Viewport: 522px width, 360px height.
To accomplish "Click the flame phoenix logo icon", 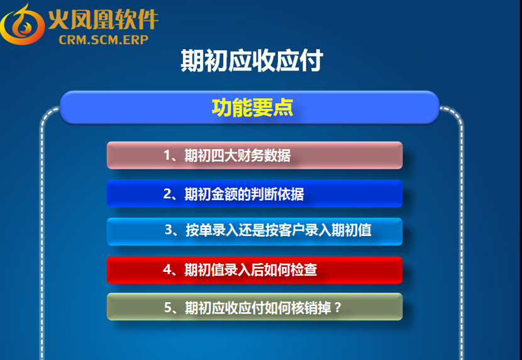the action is [x=22, y=25].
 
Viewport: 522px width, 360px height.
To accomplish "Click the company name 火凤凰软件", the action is [x=104, y=20].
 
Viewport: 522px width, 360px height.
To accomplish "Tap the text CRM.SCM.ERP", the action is [x=104, y=40].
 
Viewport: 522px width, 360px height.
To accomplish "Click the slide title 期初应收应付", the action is [x=252, y=60].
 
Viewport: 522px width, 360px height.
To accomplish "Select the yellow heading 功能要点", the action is [x=252, y=108].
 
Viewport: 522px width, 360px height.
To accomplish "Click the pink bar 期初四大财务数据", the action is [x=255, y=155].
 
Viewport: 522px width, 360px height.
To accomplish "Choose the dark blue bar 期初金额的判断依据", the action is [x=255, y=193].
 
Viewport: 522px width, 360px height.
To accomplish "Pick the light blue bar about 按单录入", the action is [x=255, y=232].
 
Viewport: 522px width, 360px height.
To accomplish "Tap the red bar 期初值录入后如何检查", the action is [x=255, y=270].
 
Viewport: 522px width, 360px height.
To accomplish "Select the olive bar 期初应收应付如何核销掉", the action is [x=255, y=307].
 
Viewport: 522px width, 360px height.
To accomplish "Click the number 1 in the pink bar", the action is [x=167, y=155].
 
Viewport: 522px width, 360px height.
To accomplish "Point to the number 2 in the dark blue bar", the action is [x=167, y=194].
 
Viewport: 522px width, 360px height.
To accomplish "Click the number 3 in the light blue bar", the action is [x=169, y=230].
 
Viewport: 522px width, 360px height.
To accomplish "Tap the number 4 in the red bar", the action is [x=167, y=270].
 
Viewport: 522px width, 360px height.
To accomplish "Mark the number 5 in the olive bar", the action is [x=168, y=307].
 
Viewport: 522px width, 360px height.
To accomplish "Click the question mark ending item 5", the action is [x=338, y=308].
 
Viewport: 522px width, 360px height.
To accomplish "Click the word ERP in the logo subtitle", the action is [x=135, y=40].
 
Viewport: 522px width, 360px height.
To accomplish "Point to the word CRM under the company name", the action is [x=72, y=40].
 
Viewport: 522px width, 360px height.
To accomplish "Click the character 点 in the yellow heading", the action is [x=283, y=108].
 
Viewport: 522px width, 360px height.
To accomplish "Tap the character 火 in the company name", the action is [x=59, y=20].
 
